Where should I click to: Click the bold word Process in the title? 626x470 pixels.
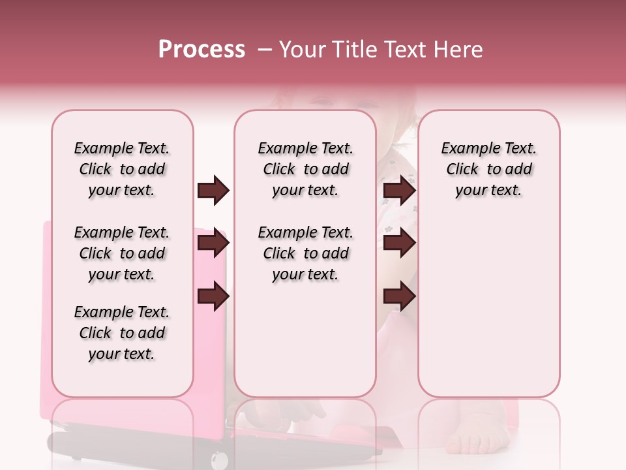[x=201, y=50]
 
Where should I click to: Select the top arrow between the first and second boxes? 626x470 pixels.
[x=213, y=191]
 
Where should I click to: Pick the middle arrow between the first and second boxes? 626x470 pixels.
[x=213, y=243]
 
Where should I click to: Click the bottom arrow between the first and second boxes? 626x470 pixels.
[x=213, y=296]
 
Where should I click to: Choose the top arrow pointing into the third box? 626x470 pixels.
[x=399, y=191]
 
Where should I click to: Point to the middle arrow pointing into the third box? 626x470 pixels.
[x=399, y=243]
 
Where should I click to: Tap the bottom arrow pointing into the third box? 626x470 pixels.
[x=399, y=296]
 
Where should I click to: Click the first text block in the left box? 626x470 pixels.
[x=122, y=169]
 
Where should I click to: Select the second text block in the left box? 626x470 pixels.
[x=122, y=253]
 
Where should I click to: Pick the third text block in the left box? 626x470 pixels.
[x=122, y=333]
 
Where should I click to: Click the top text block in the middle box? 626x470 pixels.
[x=305, y=169]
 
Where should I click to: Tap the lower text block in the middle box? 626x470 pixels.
[x=305, y=253]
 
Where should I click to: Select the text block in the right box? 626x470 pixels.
[x=488, y=169]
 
